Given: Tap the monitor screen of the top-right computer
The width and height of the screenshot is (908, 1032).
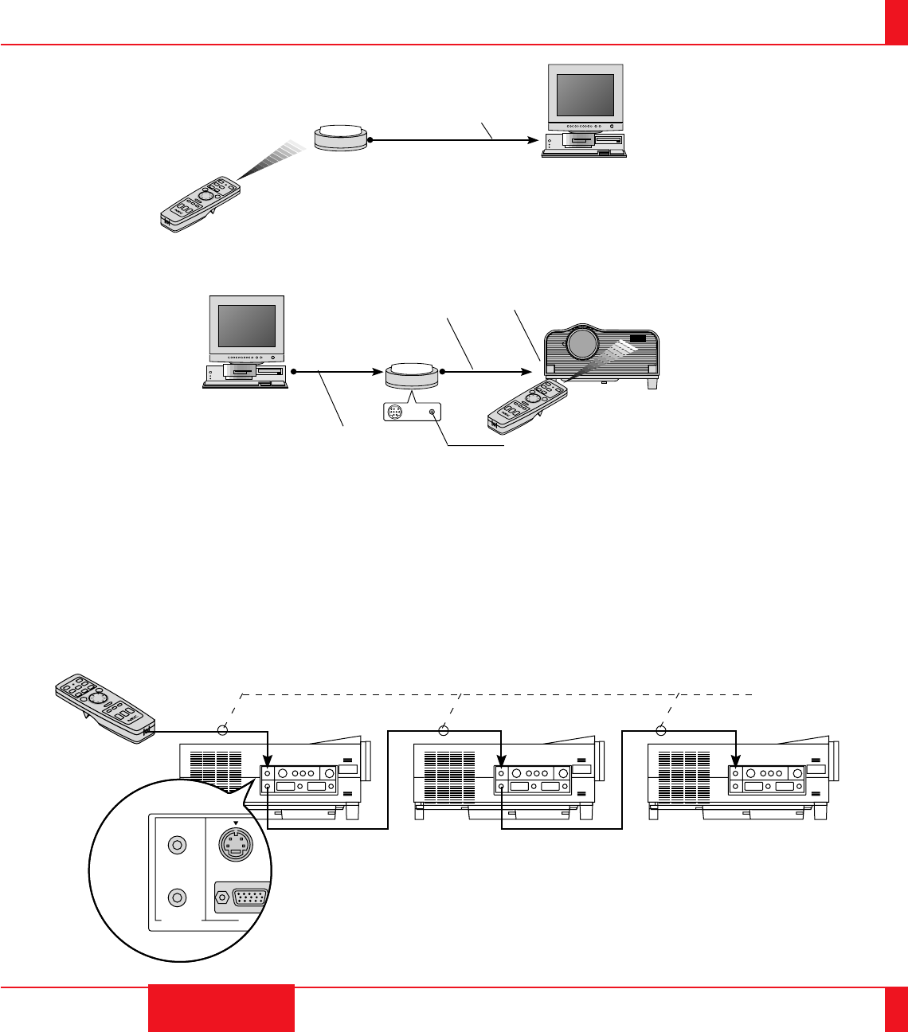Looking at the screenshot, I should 585,96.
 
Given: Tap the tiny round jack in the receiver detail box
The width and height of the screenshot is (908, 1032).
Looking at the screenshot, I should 431,412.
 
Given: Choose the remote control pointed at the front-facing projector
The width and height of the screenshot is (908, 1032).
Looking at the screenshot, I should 529,405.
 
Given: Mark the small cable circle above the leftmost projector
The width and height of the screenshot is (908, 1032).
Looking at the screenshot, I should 224,729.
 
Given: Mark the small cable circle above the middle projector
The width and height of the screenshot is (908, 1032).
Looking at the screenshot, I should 444,729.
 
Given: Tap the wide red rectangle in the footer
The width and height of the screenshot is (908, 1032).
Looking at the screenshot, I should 221,1008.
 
